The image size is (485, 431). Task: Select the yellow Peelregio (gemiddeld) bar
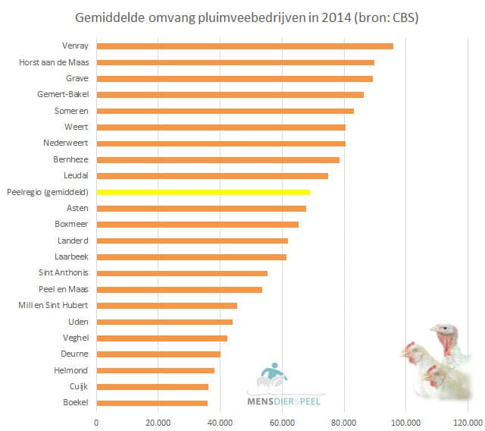coord(203,192)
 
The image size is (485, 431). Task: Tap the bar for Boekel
coord(152,403)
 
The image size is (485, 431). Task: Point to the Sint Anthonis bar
coord(182,273)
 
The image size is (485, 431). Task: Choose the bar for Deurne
coord(158,354)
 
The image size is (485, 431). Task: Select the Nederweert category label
coord(66,143)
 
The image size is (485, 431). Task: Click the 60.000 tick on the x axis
coord(282,422)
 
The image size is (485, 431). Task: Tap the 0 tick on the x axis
coord(96,422)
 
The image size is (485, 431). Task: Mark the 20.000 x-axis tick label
coord(158,422)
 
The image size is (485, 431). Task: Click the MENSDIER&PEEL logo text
coord(285,398)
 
